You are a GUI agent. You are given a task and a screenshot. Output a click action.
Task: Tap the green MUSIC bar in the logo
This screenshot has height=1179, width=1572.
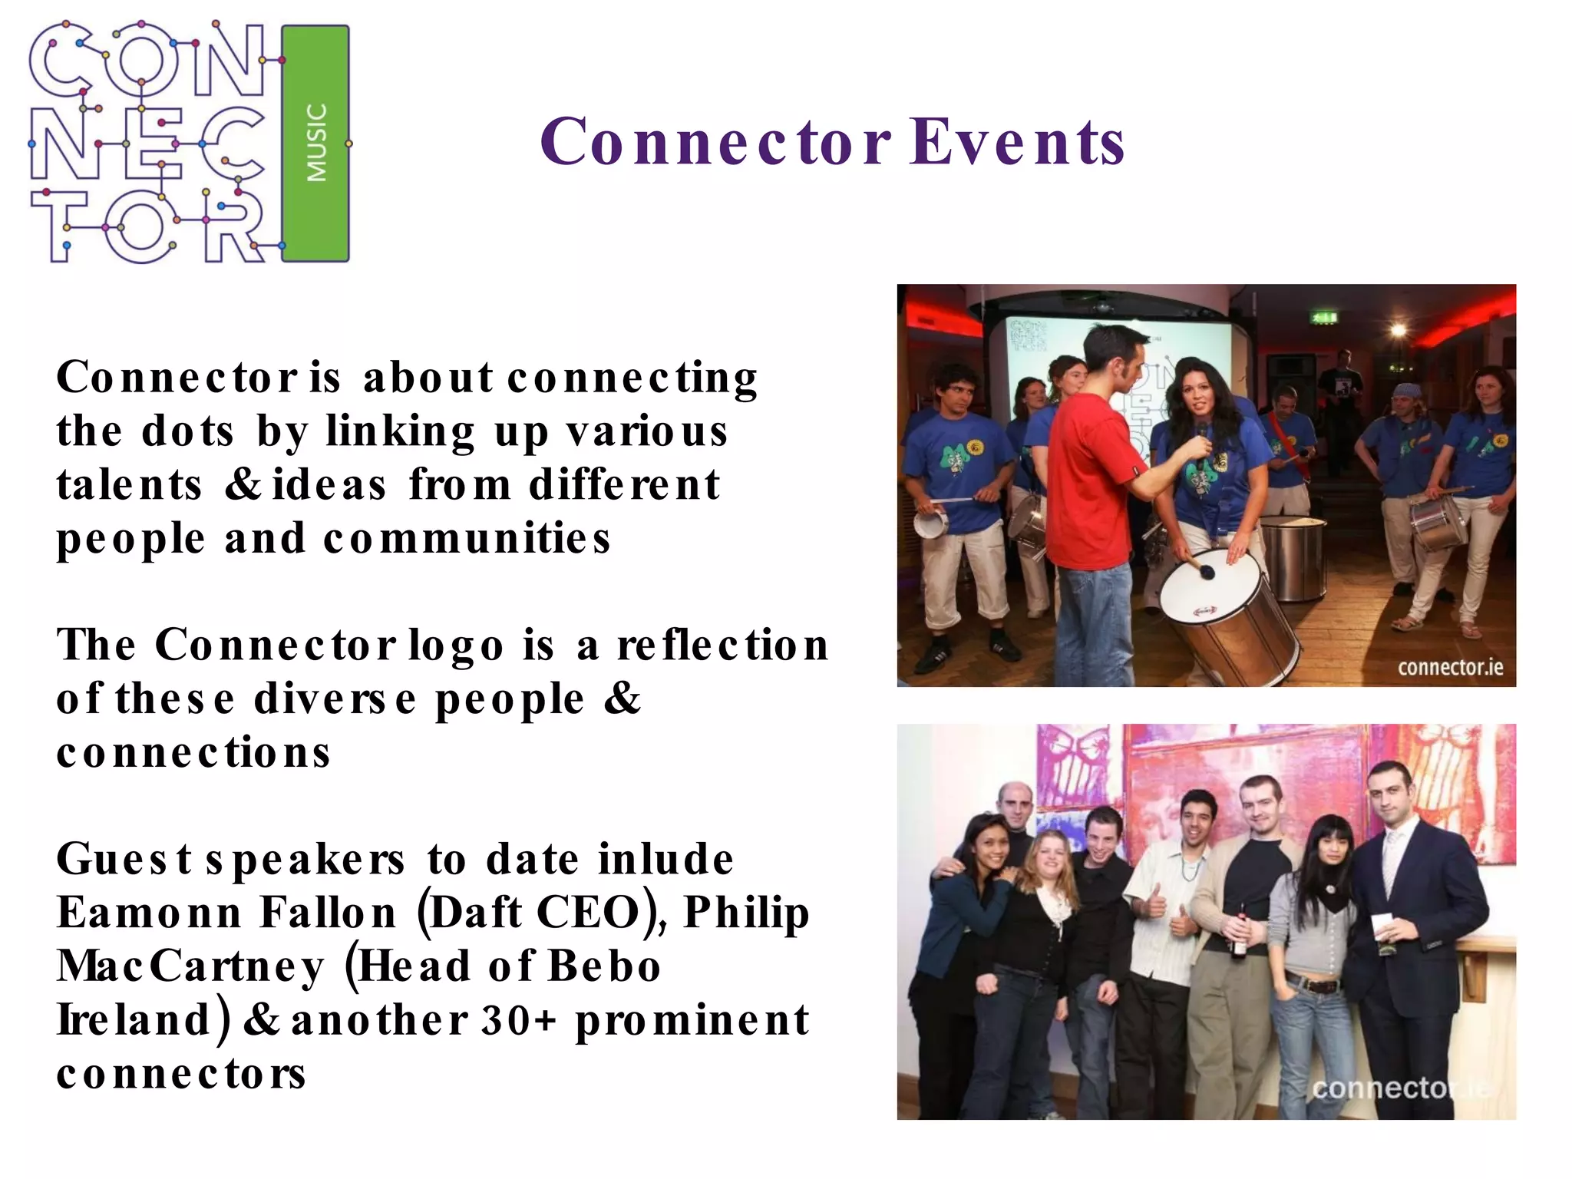coord(315,144)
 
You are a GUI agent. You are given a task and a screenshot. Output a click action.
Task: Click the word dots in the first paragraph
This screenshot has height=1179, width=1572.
coord(188,431)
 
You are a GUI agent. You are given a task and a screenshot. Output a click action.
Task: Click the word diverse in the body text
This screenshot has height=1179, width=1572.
coord(335,698)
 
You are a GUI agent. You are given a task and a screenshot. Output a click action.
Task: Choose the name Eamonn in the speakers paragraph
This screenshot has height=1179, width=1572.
coord(149,913)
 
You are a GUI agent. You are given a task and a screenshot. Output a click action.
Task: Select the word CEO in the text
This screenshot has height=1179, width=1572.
coord(588,913)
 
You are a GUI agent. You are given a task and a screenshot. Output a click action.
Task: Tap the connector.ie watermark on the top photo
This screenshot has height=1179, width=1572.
coord(1450,667)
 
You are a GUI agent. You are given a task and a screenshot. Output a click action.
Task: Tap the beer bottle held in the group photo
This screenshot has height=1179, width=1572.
coord(1240,936)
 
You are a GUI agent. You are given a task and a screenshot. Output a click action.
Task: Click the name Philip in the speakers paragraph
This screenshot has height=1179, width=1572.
coord(746,913)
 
